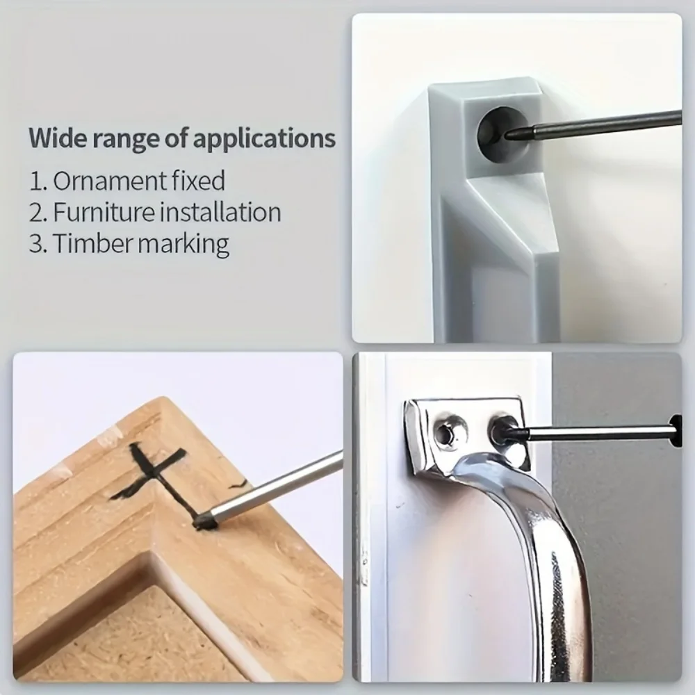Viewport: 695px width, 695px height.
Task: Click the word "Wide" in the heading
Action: tap(57, 138)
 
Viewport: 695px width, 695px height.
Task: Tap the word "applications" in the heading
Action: tap(265, 139)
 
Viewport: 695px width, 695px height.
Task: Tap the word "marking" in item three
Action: tap(184, 244)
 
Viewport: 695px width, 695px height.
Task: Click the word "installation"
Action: tap(220, 212)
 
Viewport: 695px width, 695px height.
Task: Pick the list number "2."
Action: tap(38, 212)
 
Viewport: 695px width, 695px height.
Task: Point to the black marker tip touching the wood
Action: tap(205, 521)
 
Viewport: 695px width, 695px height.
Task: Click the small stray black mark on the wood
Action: tap(238, 484)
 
